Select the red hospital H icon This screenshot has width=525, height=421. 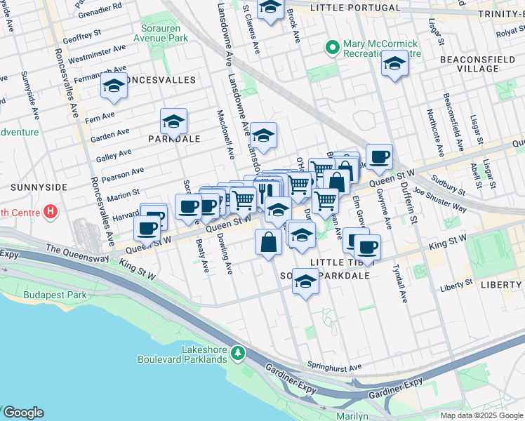tap(50, 210)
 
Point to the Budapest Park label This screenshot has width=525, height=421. tap(55, 295)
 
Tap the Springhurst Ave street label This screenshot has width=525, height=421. tap(334, 366)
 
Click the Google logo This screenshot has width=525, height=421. tap(22, 413)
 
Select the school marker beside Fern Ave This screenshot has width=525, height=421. tap(113, 86)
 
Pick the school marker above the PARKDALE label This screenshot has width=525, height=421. tap(173, 121)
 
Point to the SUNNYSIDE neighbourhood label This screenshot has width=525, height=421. tap(39, 187)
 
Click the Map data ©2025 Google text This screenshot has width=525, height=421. tap(481, 415)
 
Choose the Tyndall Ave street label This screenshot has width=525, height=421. tap(400, 283)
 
